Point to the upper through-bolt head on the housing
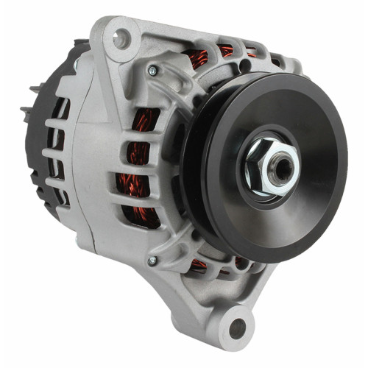pos(152,71)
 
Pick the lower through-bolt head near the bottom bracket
pos(152,261)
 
